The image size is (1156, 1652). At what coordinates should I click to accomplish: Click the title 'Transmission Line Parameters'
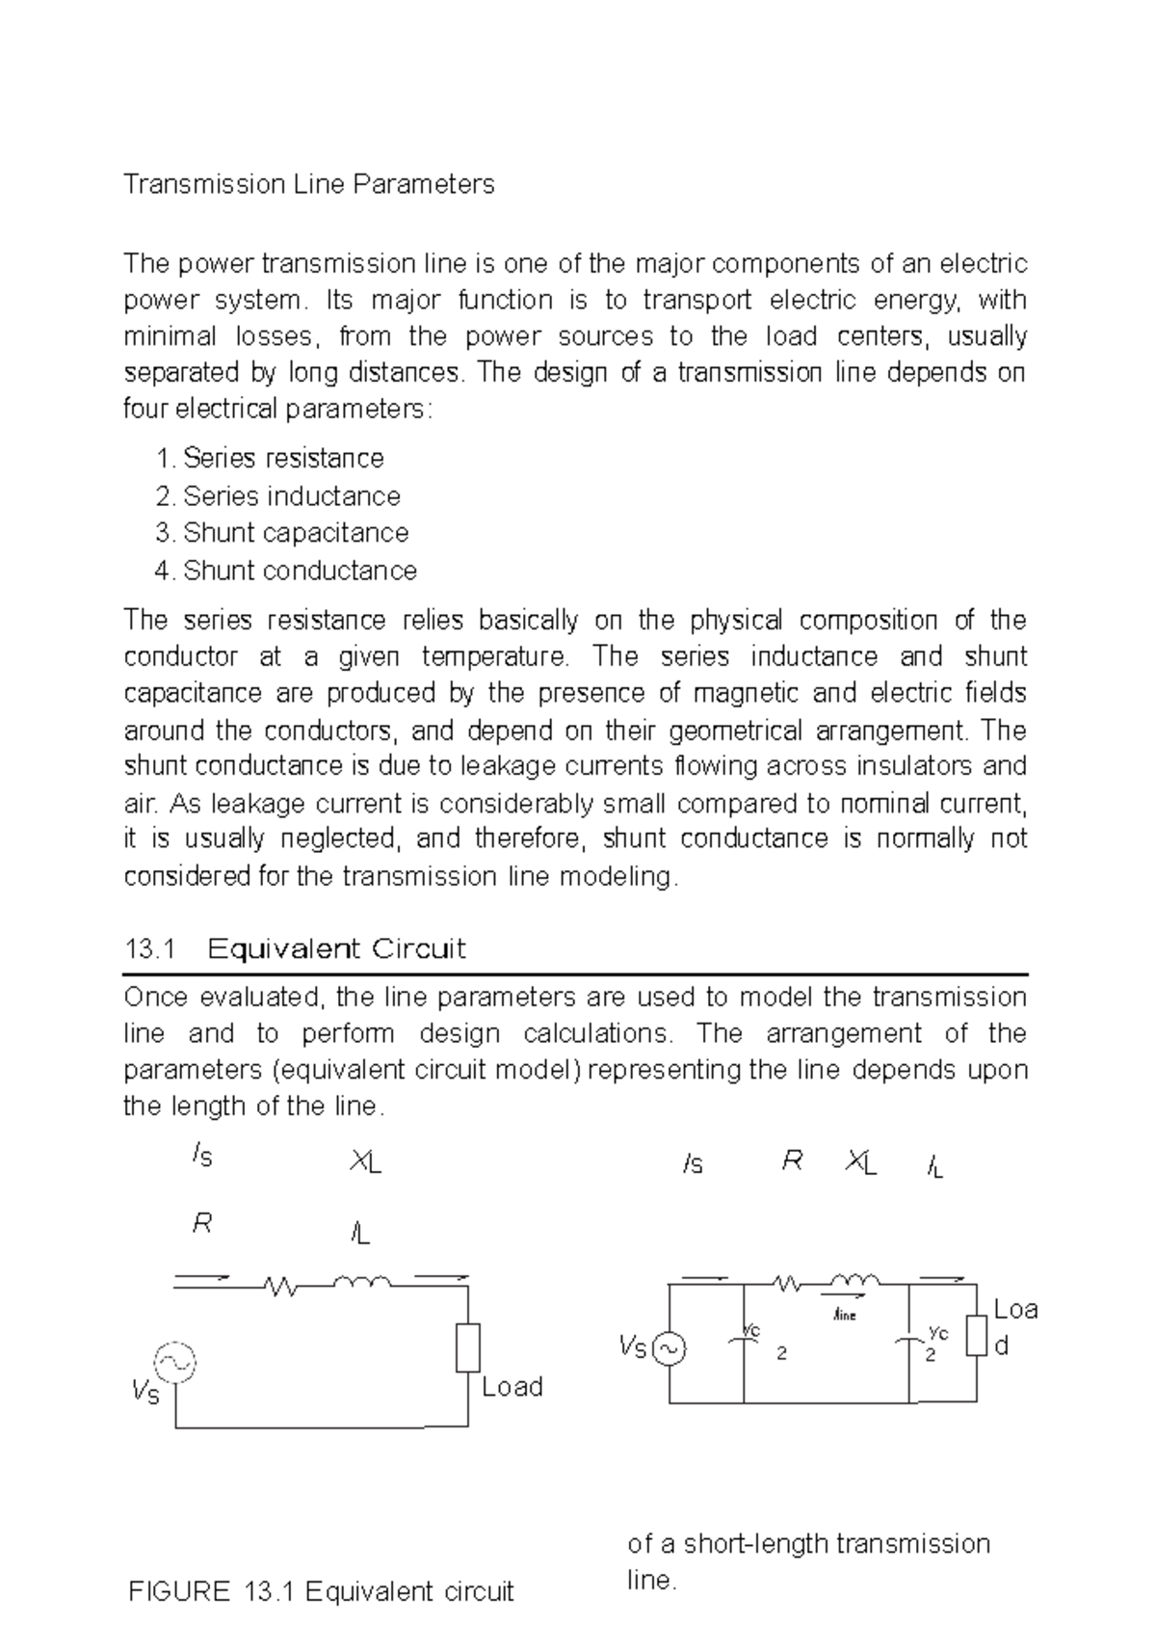point(308,184)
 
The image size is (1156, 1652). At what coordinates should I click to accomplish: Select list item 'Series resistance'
point(282,458)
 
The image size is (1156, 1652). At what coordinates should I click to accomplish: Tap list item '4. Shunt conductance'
point(285,571)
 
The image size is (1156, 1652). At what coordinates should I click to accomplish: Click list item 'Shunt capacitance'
point(295,533)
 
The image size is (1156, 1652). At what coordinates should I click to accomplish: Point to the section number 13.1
point(149,949)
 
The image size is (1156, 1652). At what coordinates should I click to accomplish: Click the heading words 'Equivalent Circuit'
point(336,949)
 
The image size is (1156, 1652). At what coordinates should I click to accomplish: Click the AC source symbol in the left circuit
point(175,1362)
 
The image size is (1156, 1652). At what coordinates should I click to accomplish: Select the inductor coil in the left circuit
point(361,1282)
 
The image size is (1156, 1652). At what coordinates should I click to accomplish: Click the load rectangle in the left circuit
point(468,1347)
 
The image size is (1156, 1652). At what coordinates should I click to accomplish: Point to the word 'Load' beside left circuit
point(512,1387)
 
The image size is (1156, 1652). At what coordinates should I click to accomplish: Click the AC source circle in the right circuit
point(669,1349)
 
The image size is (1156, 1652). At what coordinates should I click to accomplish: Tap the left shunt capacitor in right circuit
point(744,1341)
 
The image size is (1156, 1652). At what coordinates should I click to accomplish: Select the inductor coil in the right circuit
point(854,1282)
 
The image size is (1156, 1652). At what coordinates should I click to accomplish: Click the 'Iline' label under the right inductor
point(844,1314)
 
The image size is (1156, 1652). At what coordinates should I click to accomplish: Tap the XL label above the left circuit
point(365,1164)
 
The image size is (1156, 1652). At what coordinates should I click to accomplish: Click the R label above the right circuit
point(792,1162)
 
